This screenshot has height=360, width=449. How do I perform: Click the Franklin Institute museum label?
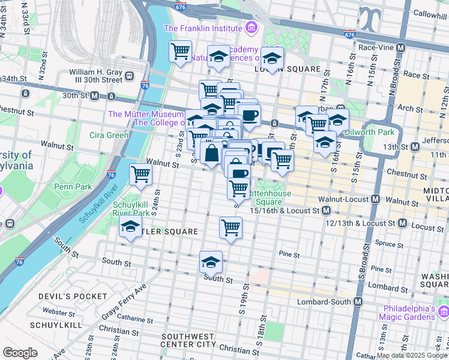click(202, 28)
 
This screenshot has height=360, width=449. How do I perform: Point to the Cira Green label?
click(109, 135)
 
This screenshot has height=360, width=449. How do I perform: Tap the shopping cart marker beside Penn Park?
click(141, 175)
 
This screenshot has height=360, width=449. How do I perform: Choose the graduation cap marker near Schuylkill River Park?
click(130, 227)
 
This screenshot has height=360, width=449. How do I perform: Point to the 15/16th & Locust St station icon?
click(326, 211)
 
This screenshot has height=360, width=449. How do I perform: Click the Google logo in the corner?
click(20, 352)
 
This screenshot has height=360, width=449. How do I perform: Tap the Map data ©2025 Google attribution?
click(411, 356)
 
